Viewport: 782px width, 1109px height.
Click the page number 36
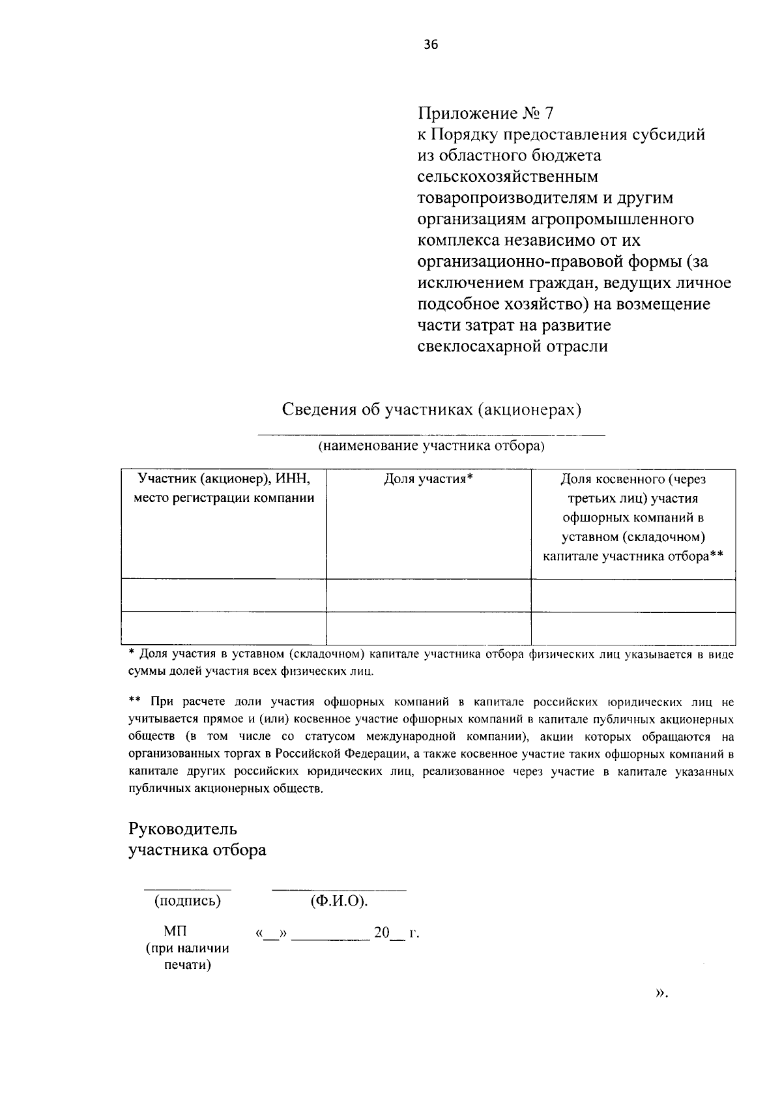(431, 44)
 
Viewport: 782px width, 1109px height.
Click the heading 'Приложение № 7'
(485, 113)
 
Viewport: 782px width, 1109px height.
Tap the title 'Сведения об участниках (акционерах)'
(431, 409)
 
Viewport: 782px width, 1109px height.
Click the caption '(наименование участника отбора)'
(431, 447)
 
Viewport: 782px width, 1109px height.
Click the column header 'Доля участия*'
(428, 479)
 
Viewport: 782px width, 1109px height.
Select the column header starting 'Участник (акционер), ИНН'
(224, 488)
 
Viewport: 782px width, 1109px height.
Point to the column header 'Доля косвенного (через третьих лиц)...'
(633, 518)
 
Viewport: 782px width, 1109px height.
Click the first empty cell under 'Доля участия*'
(428, 595)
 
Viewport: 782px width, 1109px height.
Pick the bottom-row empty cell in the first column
(224, 628)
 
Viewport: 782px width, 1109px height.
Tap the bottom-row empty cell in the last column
(633, 628)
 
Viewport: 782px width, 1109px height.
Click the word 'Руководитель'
(183, 829)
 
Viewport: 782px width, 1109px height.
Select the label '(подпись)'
(187, 902)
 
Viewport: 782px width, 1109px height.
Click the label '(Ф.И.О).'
(339, 902)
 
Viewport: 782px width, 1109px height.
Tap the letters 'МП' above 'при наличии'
(175, 932)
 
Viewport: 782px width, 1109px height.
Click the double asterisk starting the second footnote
(135, 702)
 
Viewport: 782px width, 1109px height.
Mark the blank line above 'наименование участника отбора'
(431, 434)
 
